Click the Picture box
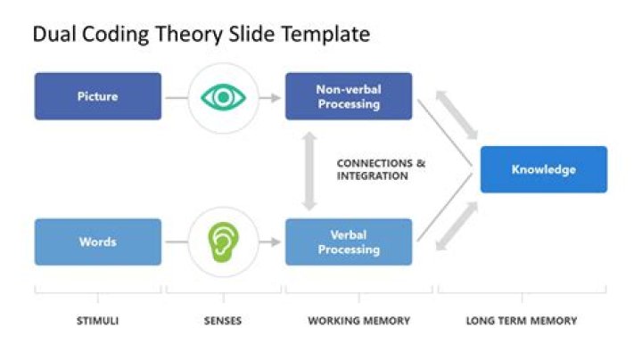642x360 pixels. tap(98, 96)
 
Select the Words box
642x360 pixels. tap(98, 241)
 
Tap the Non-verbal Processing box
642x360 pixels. tap(348, 96)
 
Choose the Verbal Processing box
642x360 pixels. tap(348, 241)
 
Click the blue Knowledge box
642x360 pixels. tap(543, 169)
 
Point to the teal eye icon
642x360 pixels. tap(223, 96)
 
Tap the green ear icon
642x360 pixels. tap(223, 241)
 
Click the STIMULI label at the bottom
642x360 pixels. tap(98, 321)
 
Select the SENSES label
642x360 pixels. tap(223, 321)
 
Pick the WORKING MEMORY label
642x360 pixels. tap(347, 321)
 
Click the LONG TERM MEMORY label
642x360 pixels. tap(522, 321)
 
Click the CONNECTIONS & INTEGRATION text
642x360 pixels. tap(381, 169)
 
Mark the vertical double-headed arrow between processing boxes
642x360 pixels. tap(309, 169)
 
